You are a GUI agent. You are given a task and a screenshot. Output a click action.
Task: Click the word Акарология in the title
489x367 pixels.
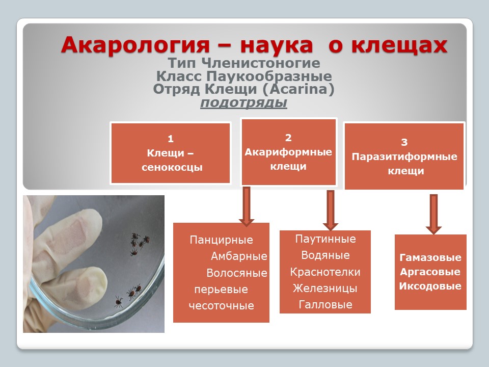pyautogui.click(x=135, y=45)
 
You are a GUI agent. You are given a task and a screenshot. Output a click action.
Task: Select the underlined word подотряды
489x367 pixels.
pyautogui.click(x=243, y=102)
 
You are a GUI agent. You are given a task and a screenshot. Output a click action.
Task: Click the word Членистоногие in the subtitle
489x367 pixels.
pyautogui.click(x=261, y=63)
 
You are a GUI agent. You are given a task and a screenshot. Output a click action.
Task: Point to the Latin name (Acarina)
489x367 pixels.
pyautogui.click(x=298, y=89)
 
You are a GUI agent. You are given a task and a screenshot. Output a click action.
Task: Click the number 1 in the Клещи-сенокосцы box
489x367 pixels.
pyautogui.click(x=170, y=139)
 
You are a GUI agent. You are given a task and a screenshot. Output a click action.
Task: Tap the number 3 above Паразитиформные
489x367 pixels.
pyautogui.click(x=404, y=142)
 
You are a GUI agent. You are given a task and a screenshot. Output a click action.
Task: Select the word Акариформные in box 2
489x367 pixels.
pyautogui.click(x=288, y=152)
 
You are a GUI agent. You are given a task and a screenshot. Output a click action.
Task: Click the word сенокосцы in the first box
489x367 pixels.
pyautogui.click(x=172, y=168)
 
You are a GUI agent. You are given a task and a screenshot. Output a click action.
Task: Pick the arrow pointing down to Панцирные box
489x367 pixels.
pyautogui.click(x=247, y=206)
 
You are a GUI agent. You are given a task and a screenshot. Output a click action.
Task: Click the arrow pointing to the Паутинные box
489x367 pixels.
pyautogui.click(x=331, y=210)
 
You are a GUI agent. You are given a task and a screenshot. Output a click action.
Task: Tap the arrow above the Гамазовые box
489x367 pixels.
pyautogui.click(x=433, y=214)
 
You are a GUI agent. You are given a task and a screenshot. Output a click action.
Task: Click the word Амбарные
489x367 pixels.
pyautogui.click(x=239, y=256)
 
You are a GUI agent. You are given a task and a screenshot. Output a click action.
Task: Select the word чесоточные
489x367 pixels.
pyautogui.click(x=222, y=305)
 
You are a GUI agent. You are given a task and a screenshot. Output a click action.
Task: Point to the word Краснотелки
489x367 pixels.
pyautogui.click(x=325, y=272)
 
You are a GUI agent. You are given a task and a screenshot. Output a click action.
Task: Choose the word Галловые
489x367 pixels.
pyautogui.click(x=325, y=304)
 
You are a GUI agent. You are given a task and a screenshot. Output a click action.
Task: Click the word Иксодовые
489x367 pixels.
pyautogui.click(x=430, y=286)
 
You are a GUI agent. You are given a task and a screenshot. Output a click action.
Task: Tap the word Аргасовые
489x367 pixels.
pyautogui.click(x=430, y=272)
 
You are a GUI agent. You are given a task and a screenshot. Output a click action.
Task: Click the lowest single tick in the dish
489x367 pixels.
pyautogui.click(x=118, y=302)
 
